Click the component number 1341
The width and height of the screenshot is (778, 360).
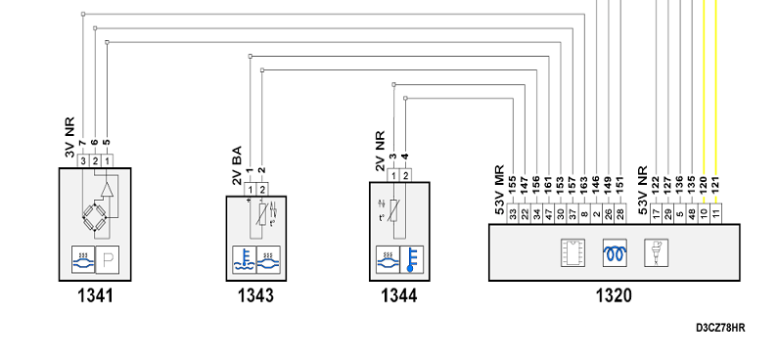click(95, 296)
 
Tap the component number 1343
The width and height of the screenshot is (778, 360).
click(255, 296)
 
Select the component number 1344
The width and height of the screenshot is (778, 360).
click(399, 296)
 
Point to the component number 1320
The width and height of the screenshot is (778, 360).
click(614, 296)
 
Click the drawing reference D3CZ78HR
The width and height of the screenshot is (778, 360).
click(720, 328)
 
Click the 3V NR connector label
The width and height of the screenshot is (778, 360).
click(69, 137)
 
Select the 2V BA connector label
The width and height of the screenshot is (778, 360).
click(237, 165)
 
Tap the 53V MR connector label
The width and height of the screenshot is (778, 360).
click(500, 190)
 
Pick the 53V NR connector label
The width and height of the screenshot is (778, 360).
click(643, 190)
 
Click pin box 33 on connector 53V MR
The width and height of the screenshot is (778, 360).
click(513, 213)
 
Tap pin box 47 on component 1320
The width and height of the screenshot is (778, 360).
click(549, 213)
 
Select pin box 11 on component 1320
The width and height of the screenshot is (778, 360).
click(716, 213)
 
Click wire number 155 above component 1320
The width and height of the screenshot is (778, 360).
click(513, 188)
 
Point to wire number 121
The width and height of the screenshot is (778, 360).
click(716, 188)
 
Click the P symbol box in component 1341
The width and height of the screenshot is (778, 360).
click(108, 259)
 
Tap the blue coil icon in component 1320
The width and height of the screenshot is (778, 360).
click(615, 253)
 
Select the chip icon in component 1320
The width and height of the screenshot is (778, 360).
click(572, 253)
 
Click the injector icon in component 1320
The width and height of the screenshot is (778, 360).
click(656, 253)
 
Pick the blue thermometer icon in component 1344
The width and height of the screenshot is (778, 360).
click(412, 259)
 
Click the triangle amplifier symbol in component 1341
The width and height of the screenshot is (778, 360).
click(107, 190)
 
